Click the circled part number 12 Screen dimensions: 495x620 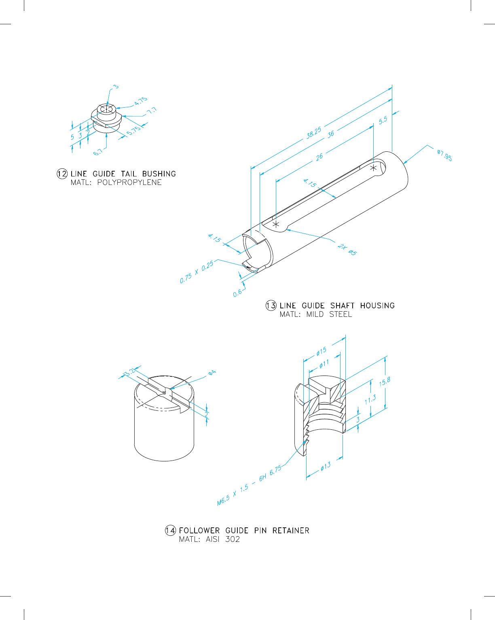(x=62, y=174)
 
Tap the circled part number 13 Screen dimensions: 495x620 (x=271, y=306)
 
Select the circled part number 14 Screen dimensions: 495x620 (x=171, y=531)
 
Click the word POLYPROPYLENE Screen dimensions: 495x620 (x=129, y=183)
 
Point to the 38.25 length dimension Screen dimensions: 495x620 (x=313, y=133)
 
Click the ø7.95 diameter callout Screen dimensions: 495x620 (x=444, y=155)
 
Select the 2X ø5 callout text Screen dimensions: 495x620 (x=347, y=250)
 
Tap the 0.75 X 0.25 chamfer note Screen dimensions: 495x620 (x=197, y=272)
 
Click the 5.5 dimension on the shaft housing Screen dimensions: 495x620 (x=383, y=121)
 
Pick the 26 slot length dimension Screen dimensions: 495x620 (x=319, y=157)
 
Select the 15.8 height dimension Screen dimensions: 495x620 (x=385, y=382)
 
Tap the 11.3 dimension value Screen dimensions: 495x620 (x=370, y=399)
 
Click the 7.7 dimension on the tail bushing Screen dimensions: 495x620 (x=152, y=110)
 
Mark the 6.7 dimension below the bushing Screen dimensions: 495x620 (x=98, y=152)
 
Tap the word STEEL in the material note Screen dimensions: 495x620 (x=341, y=314)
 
